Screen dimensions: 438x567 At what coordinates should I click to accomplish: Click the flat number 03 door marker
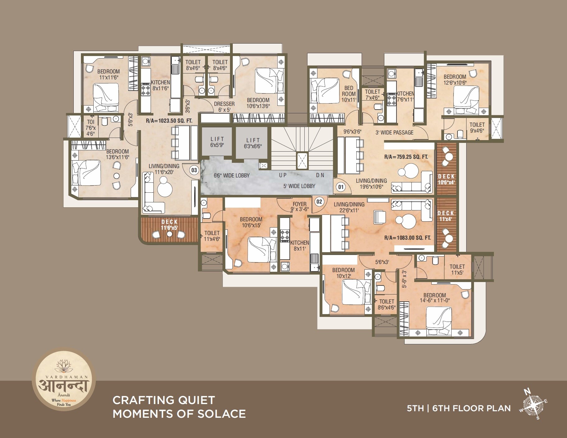[x=194, y=170]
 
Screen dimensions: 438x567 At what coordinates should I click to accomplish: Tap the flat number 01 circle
[x=341, y=187]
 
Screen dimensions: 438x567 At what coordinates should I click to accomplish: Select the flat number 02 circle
[x=319, y=201]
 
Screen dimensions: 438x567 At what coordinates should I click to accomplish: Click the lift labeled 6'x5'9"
[x=217, y=142]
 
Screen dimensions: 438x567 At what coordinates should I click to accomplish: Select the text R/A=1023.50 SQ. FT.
[x=169, y=120]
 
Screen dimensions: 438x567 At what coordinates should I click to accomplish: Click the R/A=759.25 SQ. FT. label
[x=406, y=157]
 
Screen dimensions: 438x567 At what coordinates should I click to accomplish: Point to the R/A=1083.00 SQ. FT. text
[x=407, y=238]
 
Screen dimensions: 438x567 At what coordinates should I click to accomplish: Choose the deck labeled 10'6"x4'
[x=446, y=179]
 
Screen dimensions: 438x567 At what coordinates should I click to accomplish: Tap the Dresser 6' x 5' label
[x=224, y=106]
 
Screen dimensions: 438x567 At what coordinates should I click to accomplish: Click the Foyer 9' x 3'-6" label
[x=299, y=207]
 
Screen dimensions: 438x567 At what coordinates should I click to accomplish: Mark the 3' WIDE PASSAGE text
[x=394, y=133]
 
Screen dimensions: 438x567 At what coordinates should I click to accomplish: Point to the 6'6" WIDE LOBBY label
[x=232, y=176]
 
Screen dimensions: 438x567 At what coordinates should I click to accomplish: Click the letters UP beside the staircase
[x=283, y=176]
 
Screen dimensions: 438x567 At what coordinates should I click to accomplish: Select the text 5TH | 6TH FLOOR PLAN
[x=459, y=408]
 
